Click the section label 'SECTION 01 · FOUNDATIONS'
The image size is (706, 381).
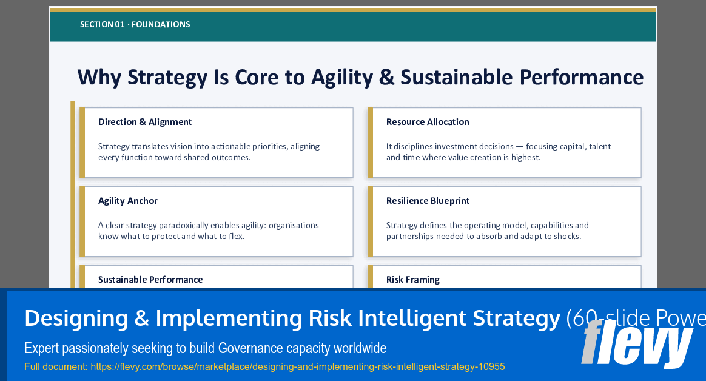pyautogui.click(x=135, y=25)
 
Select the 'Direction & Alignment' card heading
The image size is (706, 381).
pyautogui.click(x=145, y=122)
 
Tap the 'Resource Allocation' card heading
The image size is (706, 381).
pyautogui.click(x=428, y=122)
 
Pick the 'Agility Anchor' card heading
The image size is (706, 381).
pyautogui.click(x=128, y=201)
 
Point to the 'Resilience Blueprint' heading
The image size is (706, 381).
pyautogui.click(x=428, y=201)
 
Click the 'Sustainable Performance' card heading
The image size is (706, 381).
pyautogui.click(x=150, y=280)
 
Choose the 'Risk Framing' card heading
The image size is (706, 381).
pyautogui.click(x=412, y=280)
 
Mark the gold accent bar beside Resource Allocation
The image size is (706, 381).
pyautogui.click(x=370, y=143)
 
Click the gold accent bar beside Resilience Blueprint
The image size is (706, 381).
pyautogui.click(x=370, y=221)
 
